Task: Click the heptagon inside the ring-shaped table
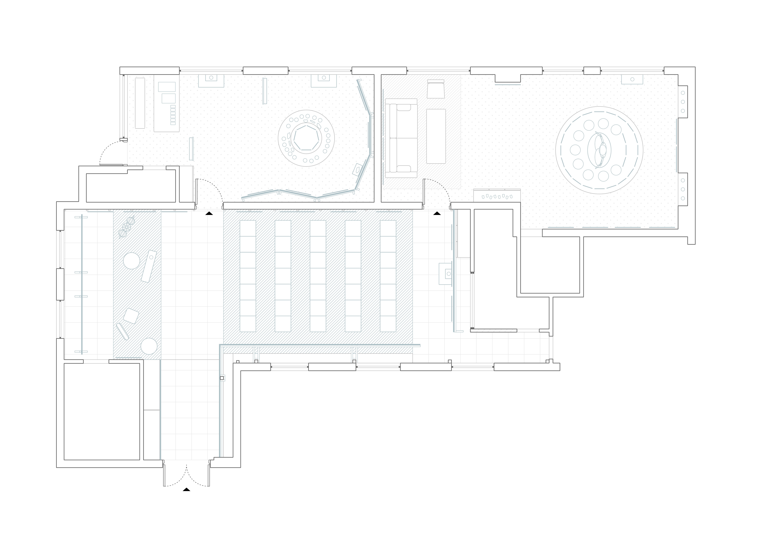tap(306, 138)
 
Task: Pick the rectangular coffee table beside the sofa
tap(436, 136)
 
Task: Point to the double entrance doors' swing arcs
tap(187, 476)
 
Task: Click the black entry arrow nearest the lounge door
tap(437, 214)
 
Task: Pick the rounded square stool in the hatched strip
tap(131, 316)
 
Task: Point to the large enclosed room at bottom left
tap(102, 411)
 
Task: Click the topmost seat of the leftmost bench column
tap(248, 228)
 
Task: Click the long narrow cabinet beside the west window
tap(140, 103)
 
